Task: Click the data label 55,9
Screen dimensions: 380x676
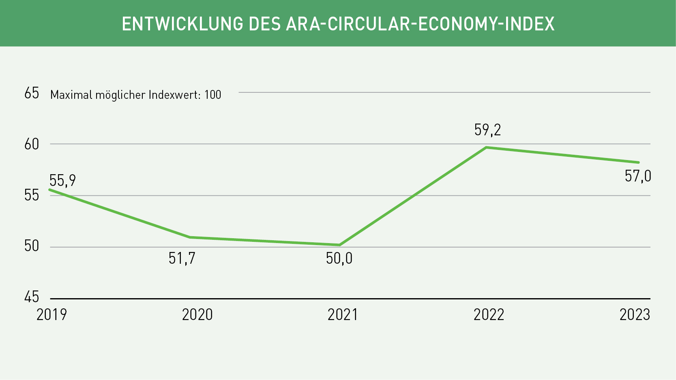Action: [62, 180]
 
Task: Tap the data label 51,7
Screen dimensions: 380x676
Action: [182, 258]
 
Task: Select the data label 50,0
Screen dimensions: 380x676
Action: [339, 258]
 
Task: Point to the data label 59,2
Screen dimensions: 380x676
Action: [487, 130]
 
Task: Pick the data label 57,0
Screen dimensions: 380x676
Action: [637, 176]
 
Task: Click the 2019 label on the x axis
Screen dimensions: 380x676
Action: [52, 315]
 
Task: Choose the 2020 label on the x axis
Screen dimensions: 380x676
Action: [197, 315]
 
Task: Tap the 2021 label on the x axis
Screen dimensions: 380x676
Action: [343, 315]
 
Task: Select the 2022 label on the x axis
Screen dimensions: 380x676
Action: [489, 315]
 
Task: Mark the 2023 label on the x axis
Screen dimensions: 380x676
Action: [635, 315]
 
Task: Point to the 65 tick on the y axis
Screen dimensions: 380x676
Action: [32, 93]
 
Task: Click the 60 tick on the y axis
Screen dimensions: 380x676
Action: [32, 144]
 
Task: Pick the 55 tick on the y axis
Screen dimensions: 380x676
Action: [32, 195]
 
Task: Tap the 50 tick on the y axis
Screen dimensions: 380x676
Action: [32, 246]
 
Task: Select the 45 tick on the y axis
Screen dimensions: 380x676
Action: [32, 297]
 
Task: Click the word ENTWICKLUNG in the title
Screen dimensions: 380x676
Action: [182, 24]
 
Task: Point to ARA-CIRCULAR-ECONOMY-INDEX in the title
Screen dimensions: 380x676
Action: [420, 24]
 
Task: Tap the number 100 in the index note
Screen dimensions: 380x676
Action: [212, 95]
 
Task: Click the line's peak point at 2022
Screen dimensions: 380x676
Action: [486, 147]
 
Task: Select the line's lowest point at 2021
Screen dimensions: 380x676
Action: [339, 245]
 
